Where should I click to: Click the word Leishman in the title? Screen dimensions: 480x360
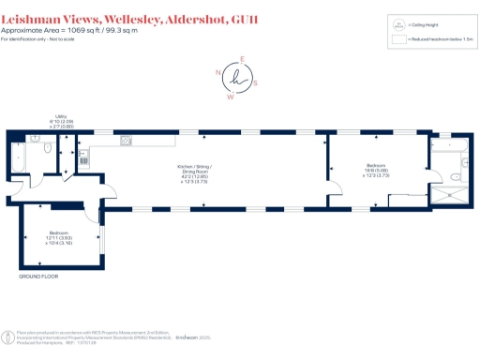point(35,8)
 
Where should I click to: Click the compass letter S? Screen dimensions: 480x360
point(254,82)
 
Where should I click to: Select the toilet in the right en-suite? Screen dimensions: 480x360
point(454,174)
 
